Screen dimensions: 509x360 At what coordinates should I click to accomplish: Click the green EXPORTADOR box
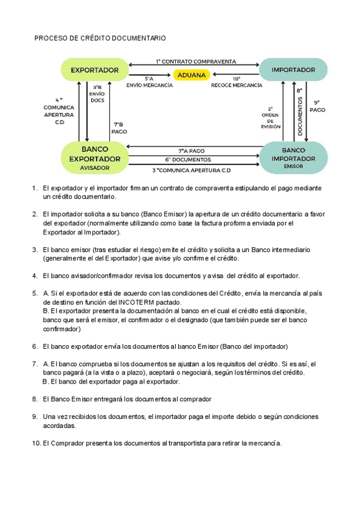pyautogui.click(x=95, y=70)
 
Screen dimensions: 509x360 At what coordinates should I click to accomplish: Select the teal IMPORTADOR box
pyautogui.click(x=293, y=70)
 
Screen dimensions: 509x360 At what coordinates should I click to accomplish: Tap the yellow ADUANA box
pyautogui.click(x=191, y=75)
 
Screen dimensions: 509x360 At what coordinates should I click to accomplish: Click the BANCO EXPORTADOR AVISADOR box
pyautogui.click(x=95, y=158)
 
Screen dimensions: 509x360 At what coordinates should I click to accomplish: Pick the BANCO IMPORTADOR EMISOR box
pyautogui.click(x=293, y=157)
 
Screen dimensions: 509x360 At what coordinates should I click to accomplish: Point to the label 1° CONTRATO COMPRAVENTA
pyautogui.click(x=196, y=61)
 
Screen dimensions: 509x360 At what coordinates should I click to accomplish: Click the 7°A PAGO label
pyautogui.click(x=191, y=151)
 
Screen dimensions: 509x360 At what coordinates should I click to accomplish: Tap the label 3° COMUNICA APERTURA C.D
pyautogui.click(x=191, y=170)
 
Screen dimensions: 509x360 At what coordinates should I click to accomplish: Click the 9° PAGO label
pyautogui.click(x=317, y=106)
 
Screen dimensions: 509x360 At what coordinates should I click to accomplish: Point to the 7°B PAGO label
pyautogui.click(x=119, y=127)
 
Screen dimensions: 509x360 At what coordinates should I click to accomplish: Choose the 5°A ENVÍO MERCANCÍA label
pyautogui.click(x=149, y=82)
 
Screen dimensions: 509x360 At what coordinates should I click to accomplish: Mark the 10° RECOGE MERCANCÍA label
pyautogui.click(x=236, y=82)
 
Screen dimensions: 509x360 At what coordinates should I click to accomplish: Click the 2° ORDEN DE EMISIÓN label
pyautogui.click(x=271, y=118)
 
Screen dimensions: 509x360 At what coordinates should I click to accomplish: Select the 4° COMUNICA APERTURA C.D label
pyautogui.click(x=59, y=110)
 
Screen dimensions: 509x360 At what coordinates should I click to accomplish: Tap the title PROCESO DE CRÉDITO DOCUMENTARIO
pyautogui.click(x=100, y=38)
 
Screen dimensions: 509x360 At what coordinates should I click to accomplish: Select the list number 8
pyautogui.click(x=35, y=399)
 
